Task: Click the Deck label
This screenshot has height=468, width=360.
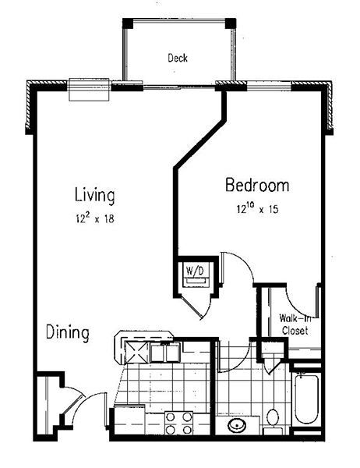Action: [178, 58]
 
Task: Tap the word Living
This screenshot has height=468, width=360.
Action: [94, 195]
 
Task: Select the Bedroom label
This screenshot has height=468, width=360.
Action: [257, 185]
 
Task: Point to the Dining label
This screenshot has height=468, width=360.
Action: [68, 332]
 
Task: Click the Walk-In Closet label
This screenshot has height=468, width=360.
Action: [295, 324]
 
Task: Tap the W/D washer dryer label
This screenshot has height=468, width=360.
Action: [195, 271]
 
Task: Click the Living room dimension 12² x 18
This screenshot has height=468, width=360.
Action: [95, 218]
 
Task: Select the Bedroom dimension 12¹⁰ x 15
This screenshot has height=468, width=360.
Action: [258, 208]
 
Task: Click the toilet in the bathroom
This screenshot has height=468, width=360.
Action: [272, 422]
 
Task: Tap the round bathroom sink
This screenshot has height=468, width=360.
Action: [237, 424]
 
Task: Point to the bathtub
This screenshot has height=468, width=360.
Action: [306, 399]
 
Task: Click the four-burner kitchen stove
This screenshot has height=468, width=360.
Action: [178, 423]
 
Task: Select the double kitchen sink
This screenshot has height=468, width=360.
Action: [165, 353]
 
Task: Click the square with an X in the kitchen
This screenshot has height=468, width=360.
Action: [136, 353]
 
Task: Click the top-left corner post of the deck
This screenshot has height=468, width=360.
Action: [128, 23]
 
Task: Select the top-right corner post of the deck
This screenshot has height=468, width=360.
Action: [231, 23]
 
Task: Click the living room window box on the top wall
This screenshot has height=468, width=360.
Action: [89, 90]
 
